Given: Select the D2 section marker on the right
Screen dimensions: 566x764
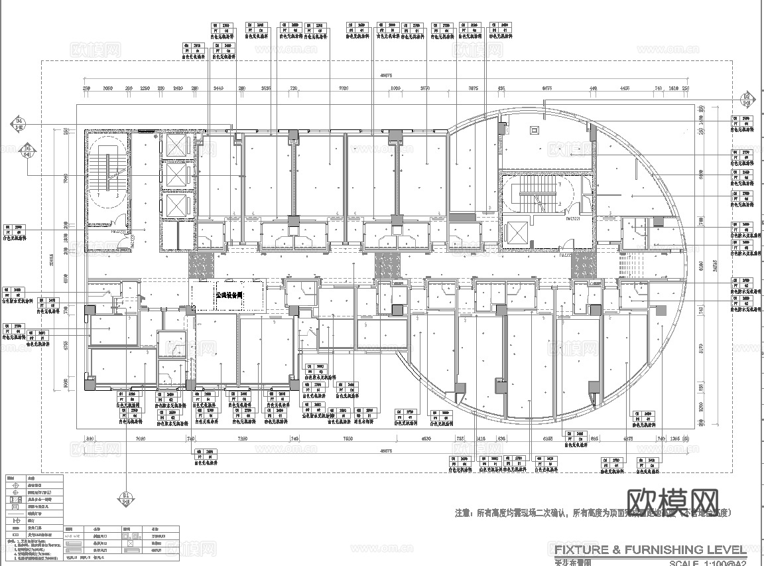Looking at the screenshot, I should [746, 100].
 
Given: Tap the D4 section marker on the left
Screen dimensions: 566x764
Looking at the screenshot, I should [18, 123].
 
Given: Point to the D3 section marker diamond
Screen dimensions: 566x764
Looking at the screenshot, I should [27, 151].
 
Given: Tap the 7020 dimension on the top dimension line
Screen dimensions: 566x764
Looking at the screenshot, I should [344, 88].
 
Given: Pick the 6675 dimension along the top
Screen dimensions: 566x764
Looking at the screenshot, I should [547, 88].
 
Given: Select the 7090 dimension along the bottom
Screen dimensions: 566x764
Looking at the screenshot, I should [139, 439].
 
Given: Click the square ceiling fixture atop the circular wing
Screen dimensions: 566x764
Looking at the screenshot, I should [535, 131].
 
